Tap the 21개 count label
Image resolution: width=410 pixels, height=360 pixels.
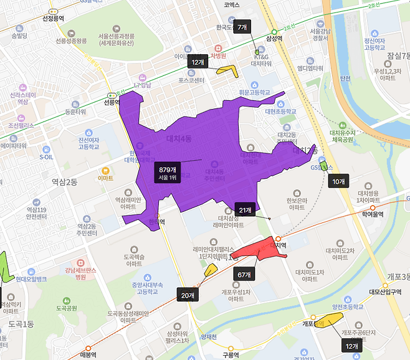(x=244, y=210)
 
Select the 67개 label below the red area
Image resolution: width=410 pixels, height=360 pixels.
(x=244, y=275)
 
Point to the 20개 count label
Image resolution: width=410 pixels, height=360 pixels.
(x=188, y=295)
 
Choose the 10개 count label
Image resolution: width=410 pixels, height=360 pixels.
(x=338, y=181)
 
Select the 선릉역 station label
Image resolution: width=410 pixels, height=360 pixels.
(x=112, y=103)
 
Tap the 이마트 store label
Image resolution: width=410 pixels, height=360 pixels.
(x=106, y=178)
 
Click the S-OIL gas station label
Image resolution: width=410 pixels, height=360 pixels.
(x=47, y=158)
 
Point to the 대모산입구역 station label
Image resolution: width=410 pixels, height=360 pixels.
(x=387, y=291)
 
